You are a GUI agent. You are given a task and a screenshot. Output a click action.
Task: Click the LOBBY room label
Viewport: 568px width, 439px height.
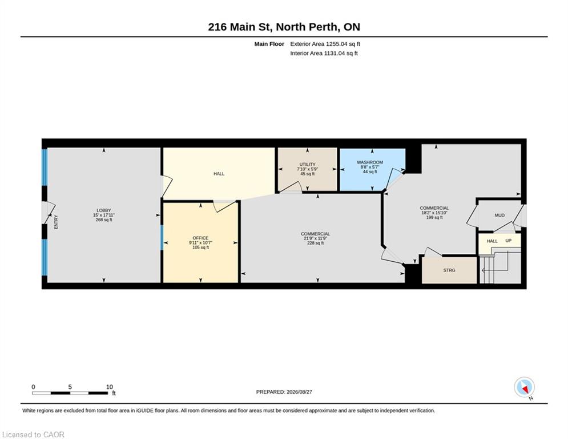pyautogui.click(x=103, y=210)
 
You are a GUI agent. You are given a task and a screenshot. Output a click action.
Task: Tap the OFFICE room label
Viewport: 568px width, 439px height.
pyautogui.click(x=200, y=238)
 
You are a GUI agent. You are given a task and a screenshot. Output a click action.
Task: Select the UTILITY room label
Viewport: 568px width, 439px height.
pyautogui.click(x=307, y=165)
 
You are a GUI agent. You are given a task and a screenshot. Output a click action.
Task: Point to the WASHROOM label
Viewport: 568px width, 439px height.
pyautogui.click(x=369, y=162)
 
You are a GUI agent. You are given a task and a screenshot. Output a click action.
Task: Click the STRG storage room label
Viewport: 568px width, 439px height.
pyautogui.click(x=449, y=270)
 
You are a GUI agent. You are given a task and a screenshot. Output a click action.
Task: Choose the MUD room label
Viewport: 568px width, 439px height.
pyautogui.click(x=499, y=215)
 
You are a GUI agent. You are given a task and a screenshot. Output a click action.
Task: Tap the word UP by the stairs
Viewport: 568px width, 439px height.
pyautogui.click(x=508, y=241)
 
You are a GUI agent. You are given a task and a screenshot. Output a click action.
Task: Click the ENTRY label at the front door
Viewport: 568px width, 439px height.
pyautogui.click(x=56, y=222)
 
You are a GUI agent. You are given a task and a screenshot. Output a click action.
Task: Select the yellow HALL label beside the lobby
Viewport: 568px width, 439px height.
pyautogui.click(x=219, y=174)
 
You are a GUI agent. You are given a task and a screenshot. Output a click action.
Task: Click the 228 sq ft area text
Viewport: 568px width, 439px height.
pyautogui.click(x=315, y=243)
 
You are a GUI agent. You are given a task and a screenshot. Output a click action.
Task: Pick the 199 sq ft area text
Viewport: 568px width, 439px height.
pyautogui.click(x=434, y=217)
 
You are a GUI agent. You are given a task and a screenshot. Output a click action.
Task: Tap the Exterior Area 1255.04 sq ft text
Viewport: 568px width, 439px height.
pyautogui.click(x=325, y=44)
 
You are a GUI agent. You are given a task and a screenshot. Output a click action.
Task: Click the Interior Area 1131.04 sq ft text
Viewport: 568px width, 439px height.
pyautogui.click(x=324, y=53)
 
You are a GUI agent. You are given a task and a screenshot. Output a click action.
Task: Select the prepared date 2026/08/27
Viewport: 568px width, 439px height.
pyautogui.click(x=299, y=392)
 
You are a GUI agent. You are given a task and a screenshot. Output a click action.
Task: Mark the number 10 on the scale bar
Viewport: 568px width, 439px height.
pyautogui.click(x=110, y=387)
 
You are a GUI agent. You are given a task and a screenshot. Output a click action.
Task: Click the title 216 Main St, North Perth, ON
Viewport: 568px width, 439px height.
pyautogui.click(x=284, y=27)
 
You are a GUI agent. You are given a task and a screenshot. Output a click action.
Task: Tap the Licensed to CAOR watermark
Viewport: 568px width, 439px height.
pyautogui.click(x=33, y=434)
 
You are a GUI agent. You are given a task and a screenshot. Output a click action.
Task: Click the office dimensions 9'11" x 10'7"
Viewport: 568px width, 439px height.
pyautogui.click(x=200, y=243)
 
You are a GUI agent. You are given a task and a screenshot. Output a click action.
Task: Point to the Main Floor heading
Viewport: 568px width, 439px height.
pyautogui.click(x=269, y=44)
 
